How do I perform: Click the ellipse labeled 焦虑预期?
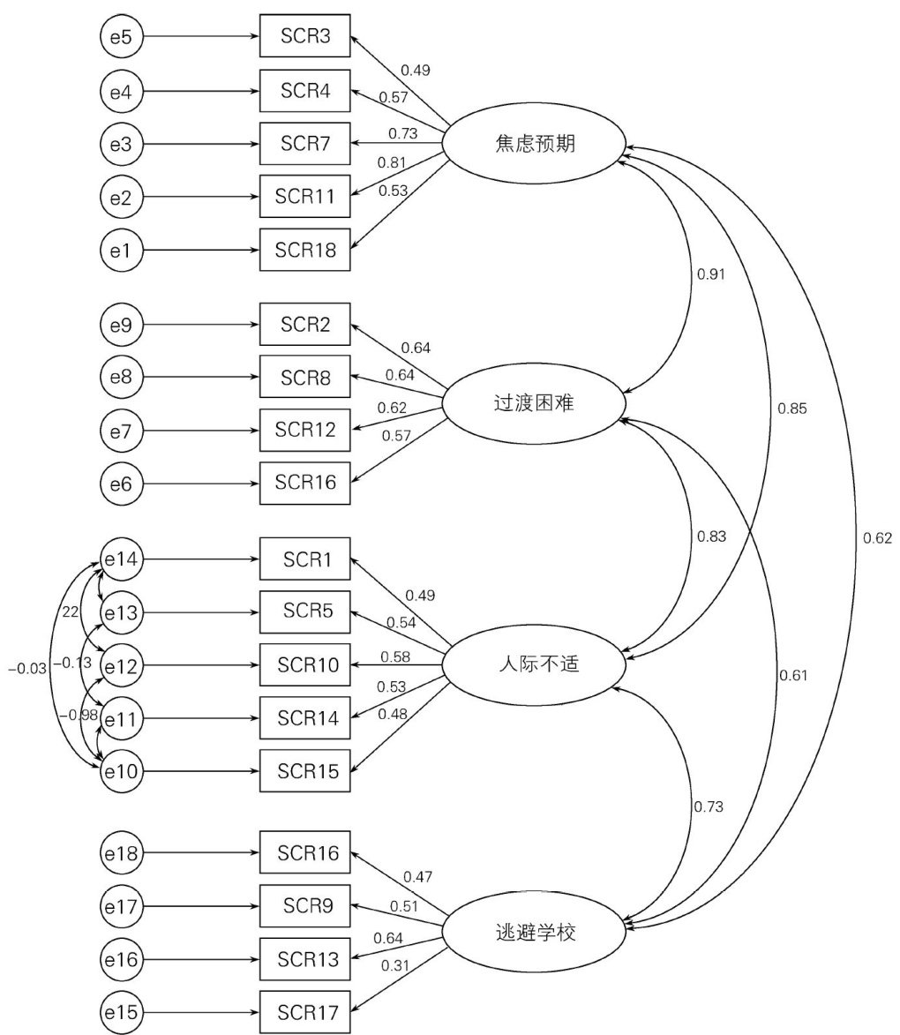pos(535,144)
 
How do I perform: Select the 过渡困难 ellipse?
pos(535,405)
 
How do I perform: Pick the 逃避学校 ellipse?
pos(535,932)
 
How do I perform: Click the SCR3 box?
pos(304,37)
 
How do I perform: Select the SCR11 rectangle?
pos(304,196)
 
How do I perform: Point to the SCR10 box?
pos(304,665)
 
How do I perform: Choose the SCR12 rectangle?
pos(304,430)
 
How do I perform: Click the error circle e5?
pos(121,37)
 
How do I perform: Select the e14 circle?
pos(121,559)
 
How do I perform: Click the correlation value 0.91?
pos(711,274)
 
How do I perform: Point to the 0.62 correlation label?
pos(878,537)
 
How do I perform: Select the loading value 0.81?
pos(393,162)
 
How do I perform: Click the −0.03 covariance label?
pos(26,669)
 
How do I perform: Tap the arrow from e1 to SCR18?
pos(201,250)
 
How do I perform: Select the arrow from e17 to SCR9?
pos(201,906)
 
